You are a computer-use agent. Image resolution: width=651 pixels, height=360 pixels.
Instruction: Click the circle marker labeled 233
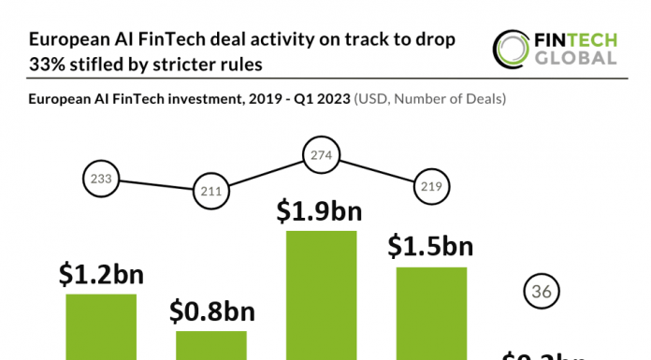(100, 178)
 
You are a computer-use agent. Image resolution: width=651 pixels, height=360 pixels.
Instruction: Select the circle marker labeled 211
(210, 193)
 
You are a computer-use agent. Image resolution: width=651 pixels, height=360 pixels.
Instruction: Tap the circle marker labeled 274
(321, 154)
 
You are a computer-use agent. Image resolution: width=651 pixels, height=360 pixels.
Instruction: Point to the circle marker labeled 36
(541, 292)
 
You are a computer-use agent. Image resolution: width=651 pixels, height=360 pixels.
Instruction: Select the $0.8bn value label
(211, 310)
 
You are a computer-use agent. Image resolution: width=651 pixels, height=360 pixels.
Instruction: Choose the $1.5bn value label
(430, 247)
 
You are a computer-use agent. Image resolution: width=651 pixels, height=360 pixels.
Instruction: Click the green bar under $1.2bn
(101, 326)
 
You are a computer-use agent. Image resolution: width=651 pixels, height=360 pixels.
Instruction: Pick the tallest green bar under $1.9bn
(321, 295)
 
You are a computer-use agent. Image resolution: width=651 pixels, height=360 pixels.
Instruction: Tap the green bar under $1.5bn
(431, 312)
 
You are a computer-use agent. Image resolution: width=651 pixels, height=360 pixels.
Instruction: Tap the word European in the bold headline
(68, 40)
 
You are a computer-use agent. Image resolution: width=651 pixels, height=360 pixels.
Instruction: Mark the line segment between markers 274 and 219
(376, 171)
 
